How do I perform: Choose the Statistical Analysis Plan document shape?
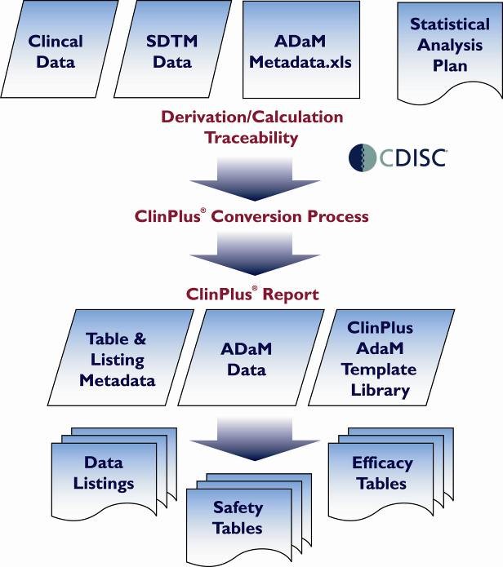(x=448, y=49)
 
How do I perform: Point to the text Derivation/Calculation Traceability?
(x=251, y=127)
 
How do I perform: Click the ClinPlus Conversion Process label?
(x=251, y=217)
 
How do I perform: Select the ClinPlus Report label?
(x=251, y=293)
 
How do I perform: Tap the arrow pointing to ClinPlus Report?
(x=251, y=254)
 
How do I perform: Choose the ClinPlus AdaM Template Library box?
(x=380, y=359)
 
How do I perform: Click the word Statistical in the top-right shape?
(x=450, y=26)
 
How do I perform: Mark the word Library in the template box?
(x=380, y=390)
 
